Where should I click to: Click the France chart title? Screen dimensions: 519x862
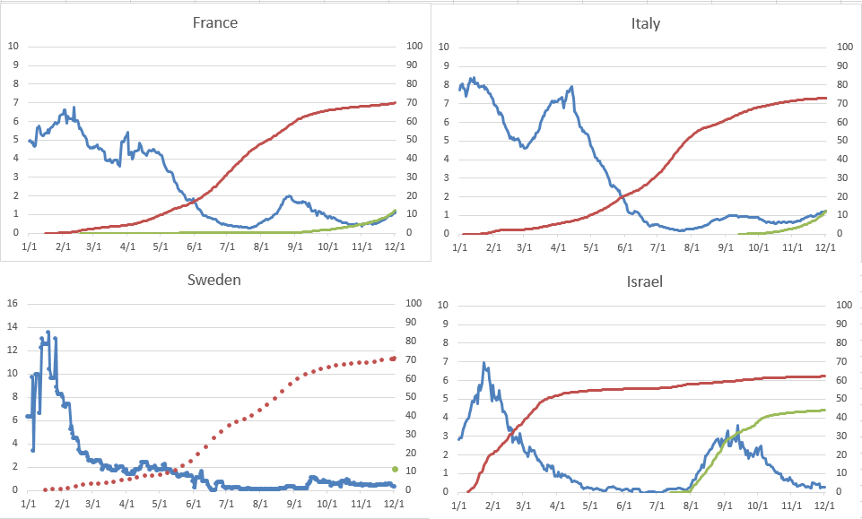click(x=215, y=22)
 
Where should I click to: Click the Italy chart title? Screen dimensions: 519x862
click(x=645, y=23)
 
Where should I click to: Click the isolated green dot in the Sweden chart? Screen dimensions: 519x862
click(x=395, y=469)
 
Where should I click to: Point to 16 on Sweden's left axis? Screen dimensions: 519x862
click(x=13, y=303)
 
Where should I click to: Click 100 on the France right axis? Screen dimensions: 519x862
click(x=414, y=46)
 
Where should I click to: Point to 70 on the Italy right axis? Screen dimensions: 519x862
click(x=842, y=102)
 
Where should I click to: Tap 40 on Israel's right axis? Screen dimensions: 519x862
click(x=842, y=417)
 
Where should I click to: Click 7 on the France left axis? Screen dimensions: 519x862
click(x=13, y=102)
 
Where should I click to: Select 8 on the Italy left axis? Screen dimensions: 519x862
click(x=443, y=83)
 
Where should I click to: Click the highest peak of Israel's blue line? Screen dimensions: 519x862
click(x=484, y=363)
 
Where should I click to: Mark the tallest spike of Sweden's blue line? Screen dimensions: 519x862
click(x=48, y=332)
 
